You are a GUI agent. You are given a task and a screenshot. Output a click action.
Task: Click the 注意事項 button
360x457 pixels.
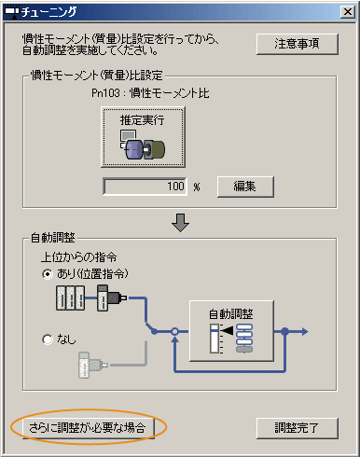tap(298, 44)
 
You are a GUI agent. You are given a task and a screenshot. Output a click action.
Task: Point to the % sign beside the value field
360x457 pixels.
tap(198, 187)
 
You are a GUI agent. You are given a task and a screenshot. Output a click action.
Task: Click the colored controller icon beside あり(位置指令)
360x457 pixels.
tap(82, 298)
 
